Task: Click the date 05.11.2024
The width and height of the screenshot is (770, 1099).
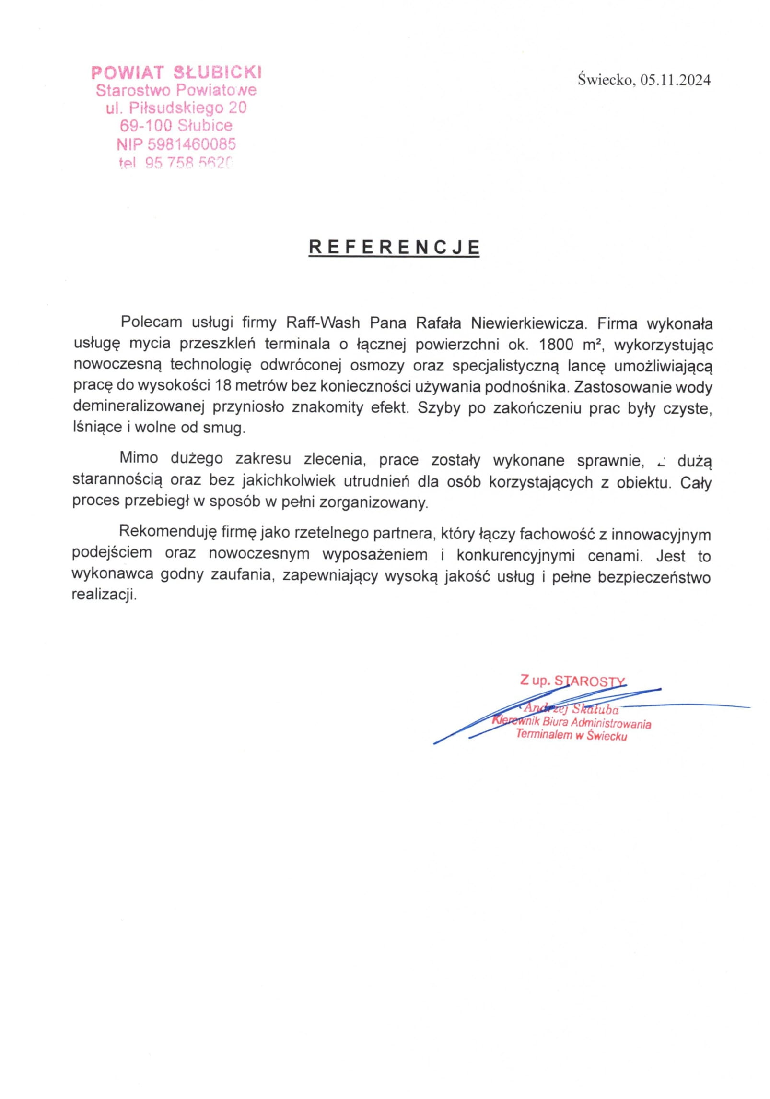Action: (675, 80)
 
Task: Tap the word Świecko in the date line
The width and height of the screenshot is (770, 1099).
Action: (606, 80)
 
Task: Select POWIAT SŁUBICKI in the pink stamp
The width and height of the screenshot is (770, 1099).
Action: (176, 72)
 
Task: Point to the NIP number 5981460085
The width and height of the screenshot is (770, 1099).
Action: (191, 144)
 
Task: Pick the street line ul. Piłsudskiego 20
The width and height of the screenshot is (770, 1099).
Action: (176, 108)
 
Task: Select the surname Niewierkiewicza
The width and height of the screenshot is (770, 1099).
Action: (528, 323)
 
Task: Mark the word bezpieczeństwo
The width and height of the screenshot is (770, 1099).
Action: (654, 577)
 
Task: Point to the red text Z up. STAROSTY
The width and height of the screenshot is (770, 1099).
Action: (572, 681)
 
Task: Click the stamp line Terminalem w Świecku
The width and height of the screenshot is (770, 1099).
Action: (572, 735)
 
